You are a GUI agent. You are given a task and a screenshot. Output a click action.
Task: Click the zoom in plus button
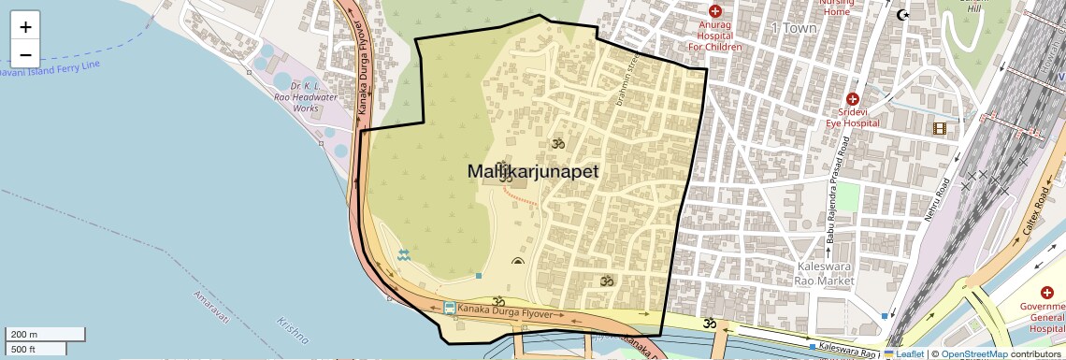(x=26, y=27)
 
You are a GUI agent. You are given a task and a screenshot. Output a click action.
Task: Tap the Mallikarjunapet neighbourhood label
(x=533, y=172)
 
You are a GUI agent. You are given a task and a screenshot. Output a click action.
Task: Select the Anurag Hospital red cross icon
(x=715, y=11)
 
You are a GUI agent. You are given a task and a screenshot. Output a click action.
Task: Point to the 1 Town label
(x=794, y=28)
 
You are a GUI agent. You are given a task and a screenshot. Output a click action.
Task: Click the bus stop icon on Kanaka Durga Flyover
(x=450, y=308)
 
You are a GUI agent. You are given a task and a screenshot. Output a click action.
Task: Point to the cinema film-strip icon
(x=939, y=128)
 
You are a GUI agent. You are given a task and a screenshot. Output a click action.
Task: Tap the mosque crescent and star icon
(x=902, y=14)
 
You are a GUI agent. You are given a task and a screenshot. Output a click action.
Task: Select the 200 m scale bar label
(x=23, y=335)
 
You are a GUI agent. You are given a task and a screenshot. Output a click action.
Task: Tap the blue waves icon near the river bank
(x=404, y=255)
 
